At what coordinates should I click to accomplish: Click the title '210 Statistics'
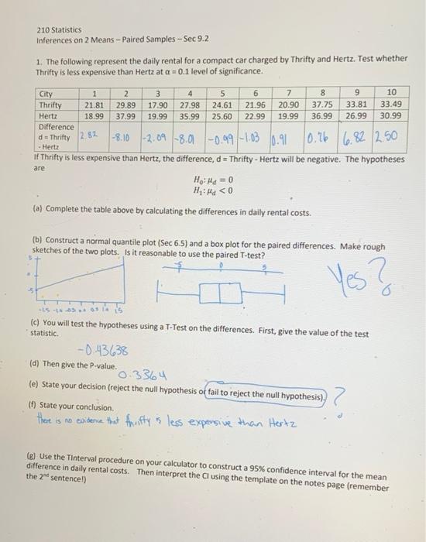pos(60,31)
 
